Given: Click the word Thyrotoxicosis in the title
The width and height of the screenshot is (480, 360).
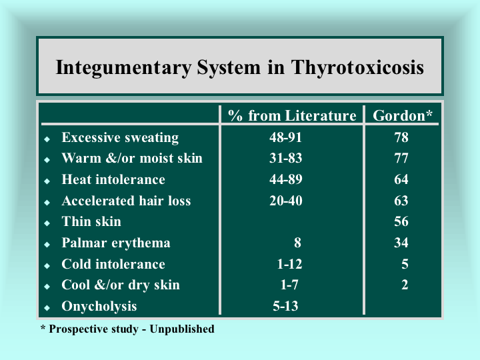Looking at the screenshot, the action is click(x=357, y=67).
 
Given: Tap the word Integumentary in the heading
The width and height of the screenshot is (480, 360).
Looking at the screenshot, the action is click(x=124, y=67).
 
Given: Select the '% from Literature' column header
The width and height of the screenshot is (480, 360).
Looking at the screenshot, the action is click(x=292, y=116).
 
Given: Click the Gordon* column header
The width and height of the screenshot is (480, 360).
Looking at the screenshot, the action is click(x=402, y=116).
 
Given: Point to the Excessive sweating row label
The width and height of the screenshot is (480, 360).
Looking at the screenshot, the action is click(x=120, y=138).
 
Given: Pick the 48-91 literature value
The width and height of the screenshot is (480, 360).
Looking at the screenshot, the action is click(x=285, y=137).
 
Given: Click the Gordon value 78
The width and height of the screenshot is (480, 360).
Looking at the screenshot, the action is click(x=401, y=137).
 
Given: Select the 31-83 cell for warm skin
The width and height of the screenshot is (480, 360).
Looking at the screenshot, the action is click(x=285, y=158).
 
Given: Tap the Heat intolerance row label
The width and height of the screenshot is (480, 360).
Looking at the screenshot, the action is click(x=113, y=179).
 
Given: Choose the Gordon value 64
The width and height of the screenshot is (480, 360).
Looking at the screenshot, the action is click(x=401, y=179).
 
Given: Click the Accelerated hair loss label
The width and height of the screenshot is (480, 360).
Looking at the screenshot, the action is click(x=126, y=201).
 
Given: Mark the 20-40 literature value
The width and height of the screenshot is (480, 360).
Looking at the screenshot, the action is click(x=285, y=201).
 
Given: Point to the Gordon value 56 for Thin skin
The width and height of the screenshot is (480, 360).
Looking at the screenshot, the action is click(x=401, y=221).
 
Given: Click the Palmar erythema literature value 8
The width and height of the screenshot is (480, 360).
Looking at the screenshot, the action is click(x=297, y=243).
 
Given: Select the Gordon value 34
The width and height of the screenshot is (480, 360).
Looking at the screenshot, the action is click(x=401, y=243).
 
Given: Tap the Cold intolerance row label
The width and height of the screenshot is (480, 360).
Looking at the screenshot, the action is click(x=113, y=264).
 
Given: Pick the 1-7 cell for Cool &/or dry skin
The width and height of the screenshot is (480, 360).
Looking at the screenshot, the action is click(x=289, y=285).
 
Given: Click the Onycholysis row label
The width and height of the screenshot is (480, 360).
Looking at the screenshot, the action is click(x=99, y=307).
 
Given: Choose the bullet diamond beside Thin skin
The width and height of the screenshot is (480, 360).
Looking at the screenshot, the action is click(x=47, y=223).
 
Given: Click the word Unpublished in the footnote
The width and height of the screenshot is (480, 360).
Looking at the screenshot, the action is click(x=182, y=329).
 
